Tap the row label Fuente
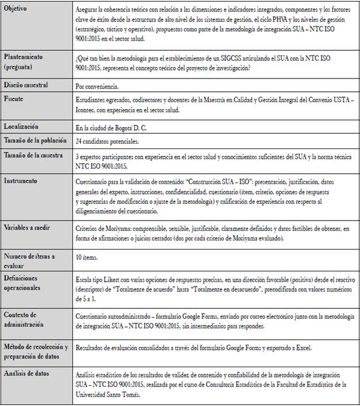pos(15,99)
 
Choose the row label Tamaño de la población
pos(35,140)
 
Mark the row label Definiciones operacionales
pos(26,282)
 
